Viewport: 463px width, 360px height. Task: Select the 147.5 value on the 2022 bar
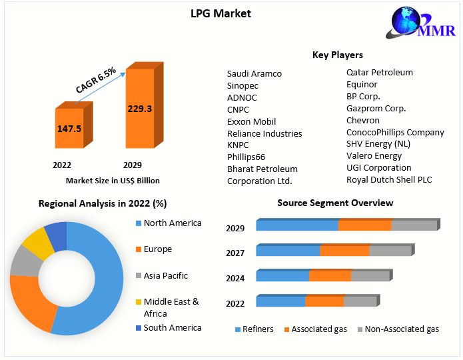pos(69,128)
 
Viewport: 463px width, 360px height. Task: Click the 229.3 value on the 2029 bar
pos(140,108)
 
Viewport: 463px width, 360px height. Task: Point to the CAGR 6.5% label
pos(96,79)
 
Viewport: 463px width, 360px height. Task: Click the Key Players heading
pos(338,55)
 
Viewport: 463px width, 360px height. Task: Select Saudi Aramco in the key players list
pos(254,73)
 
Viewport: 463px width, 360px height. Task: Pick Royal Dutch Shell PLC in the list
pos(389,179)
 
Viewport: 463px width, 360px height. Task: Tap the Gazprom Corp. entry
pos(376,108)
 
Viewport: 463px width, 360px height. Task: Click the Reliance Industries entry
pos(264,133)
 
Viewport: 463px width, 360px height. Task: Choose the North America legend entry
pos(172,223)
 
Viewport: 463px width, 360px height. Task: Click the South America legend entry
pos(172,327)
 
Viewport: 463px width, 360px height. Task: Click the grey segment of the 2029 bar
pos(413,225)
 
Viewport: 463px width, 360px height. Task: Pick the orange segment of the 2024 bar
pos(330,276)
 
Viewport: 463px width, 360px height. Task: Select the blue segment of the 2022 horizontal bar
pos(280,301)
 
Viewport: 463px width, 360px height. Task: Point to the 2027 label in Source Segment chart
pos(235,253)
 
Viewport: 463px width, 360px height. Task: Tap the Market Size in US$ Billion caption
pos(113,181)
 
